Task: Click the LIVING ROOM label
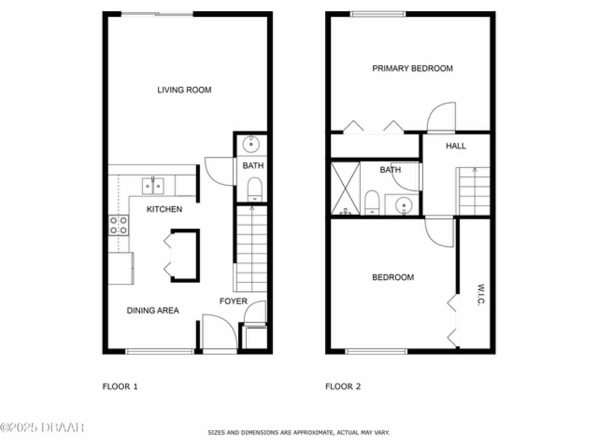click(x=184, y=90)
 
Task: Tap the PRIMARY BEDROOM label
click(x=413, y=68)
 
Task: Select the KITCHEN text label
click(x=164, y=209)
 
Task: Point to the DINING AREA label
click(x=153, y=310)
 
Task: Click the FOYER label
click(x=234, y=301)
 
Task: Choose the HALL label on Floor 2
click(x=456, y=146)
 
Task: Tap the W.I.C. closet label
click(x=481, y=295)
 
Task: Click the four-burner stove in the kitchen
click(x=119, y=225)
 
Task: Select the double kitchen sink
click(x=153, y=186)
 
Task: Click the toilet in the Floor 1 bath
click(x=255, y=189)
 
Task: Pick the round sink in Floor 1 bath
click(x=251, y=144)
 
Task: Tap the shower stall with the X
click(x=345, y=188)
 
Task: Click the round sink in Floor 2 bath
click(x=404, y=205)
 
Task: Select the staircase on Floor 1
click(x=251, y=249)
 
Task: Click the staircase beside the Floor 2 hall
click(x=474, y=191)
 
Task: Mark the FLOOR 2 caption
click(x=343, y=386)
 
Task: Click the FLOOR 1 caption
click(x=120, y=386)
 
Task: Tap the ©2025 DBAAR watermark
click(x=42, y=427)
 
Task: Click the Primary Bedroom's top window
click(x=377, y=14)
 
